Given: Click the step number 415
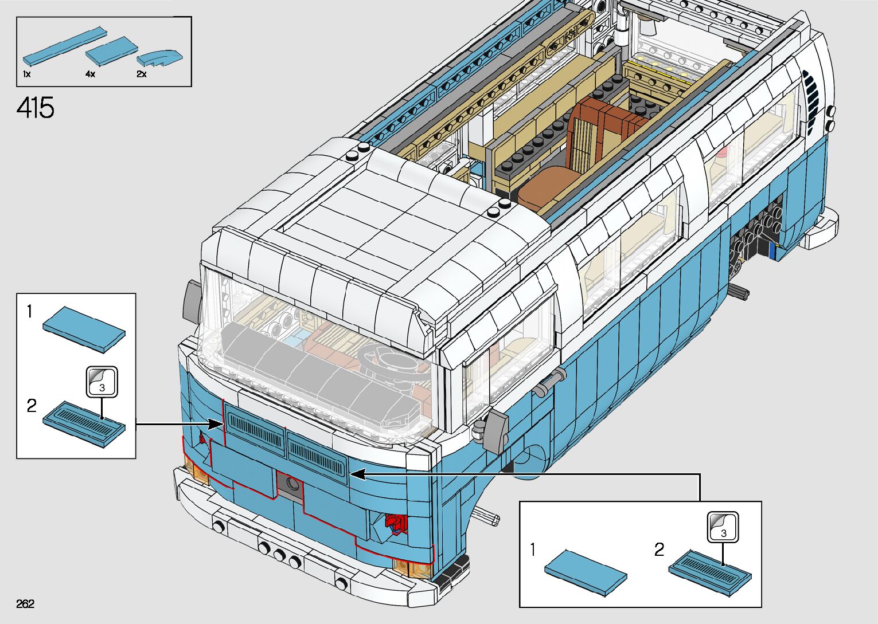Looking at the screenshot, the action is coord(36,108).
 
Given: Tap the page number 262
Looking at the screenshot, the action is coord(25,603).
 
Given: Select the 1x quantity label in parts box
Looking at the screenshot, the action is coord(27,74).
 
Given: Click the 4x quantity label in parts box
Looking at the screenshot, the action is coord(90,74).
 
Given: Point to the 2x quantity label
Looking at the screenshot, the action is coord(141,74).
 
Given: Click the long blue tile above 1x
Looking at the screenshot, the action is coord(64,45).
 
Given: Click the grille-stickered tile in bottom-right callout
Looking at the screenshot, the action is coord(710,572).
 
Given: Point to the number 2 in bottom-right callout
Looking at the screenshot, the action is coord(660,550).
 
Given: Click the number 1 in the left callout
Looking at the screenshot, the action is coord(30,312).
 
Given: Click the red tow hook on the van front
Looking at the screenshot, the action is coord(395,523).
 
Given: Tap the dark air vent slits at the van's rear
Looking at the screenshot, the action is coord(811,95).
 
